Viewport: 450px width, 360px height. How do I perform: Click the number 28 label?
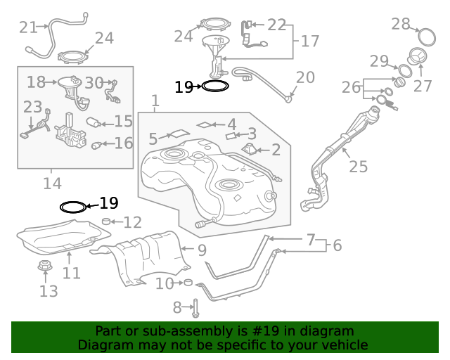pos(401,25)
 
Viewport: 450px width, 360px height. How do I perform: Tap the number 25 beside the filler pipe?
pos(358,167)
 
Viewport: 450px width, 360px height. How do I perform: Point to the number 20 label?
pos(305,77)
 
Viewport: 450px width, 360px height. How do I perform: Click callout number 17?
pos(310,41)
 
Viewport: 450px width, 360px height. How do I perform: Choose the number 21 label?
pos(28,27)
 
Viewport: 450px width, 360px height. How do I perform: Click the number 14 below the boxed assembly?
pos(51,184)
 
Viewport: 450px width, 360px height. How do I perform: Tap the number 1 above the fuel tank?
pos(155,101)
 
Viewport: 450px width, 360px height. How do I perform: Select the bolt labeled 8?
pos(195,307)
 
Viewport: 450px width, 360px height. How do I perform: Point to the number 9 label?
pos(201,249)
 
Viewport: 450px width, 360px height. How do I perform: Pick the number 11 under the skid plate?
pos(71,272)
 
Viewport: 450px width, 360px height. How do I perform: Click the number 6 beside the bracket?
pos(337,245)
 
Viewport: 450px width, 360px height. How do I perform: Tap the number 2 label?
pos(276,149)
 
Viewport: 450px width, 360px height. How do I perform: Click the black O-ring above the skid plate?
pos(72,207)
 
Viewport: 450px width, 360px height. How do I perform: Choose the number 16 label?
pos(123,143)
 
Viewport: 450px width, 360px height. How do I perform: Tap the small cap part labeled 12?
pos(106,222)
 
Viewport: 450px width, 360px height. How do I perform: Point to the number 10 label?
pos(164,283)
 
